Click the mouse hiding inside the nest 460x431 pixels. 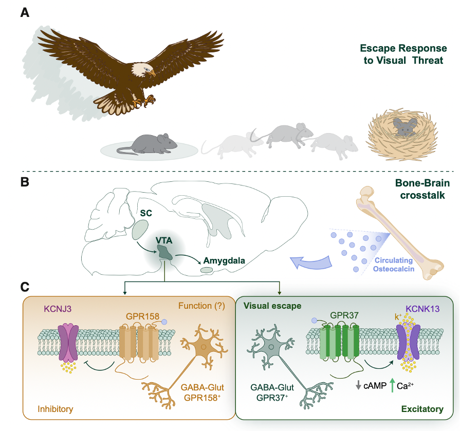point(405,127)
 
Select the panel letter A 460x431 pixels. point(25,13)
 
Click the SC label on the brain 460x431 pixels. point(146,213)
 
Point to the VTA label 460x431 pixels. point(164,240)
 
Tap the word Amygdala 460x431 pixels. point(224,260)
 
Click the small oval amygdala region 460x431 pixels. point(206,270)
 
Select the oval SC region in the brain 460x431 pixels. point(140,230)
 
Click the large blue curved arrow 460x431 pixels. point(311,262)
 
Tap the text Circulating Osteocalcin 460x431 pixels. point(394,265)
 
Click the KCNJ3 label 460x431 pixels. point(58,309)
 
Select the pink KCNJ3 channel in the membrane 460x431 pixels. point(69,342)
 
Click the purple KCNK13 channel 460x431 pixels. point(409,342)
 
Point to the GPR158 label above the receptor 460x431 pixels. point(142,316)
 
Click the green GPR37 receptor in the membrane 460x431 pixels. point(339,342)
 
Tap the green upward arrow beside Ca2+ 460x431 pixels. point(392,385)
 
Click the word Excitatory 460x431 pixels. point(422,409)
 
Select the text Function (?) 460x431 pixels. point(201,306)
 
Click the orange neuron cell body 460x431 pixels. point(204,347)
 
